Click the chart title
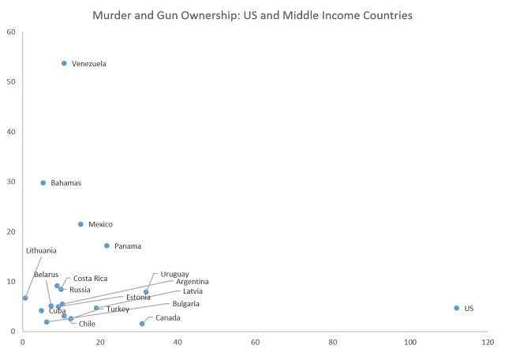[252, 15]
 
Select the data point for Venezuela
[64, 63]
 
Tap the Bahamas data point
[43, 182]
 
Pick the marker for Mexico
[80, 224]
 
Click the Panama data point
[107, 246]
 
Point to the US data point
[456, 308]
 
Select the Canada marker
[142, 323]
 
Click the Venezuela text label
[88, 63]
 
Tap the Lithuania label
[41, 250]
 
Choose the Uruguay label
[174, 274]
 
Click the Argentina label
[193, 281]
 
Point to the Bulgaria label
[186, 303]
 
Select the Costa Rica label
[90, 278]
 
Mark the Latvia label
[193, 291]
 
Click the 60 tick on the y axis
[11, 32]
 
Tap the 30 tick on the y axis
[11, 182]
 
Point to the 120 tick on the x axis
[487, 343]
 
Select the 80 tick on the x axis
[332, 343]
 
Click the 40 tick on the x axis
[178, 343]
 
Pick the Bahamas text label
[66, 182]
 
